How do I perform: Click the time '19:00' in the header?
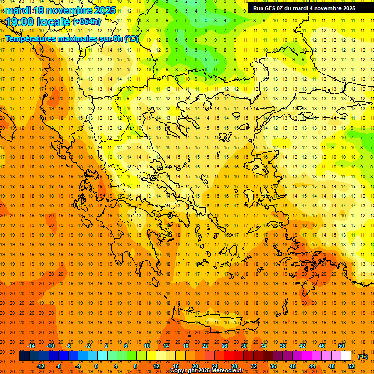pyautogui.click(x=19, y=21)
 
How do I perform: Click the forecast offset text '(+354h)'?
pyautogui.click(x=87, y=21)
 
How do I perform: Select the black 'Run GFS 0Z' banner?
pyautogui.click(x=304, y=8)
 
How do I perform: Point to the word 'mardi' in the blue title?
pyautogui.click(x=17, y=10)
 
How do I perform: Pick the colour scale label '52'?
pyautogui.click(x=351, y=366)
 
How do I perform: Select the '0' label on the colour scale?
pyautogui.click(x=96, y=366)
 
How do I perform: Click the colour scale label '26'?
pyautogui.click(x=224, y=345)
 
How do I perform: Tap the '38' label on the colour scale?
pyautogui.click(x=283, y=345)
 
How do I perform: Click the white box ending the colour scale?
pyautogui.click(x=346, y=356)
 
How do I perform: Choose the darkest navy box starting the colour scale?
pyautogui.click(x=24, y=356)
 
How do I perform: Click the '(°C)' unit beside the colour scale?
pyautogui.click(x=363, y=356)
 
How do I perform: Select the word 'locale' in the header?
pyautogui.click(x=52, y=21)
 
